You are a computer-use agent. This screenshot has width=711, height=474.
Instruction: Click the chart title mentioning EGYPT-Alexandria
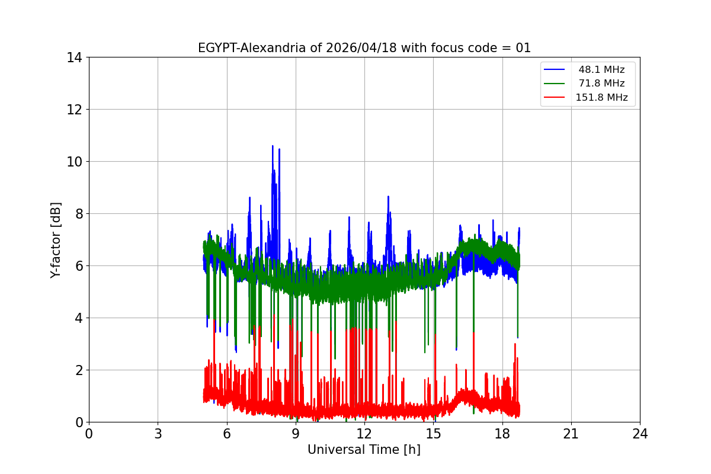pyautogui.click(x=364, y=48)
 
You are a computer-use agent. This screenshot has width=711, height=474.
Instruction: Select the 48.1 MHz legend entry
pyautogui.click(x=601, y=70)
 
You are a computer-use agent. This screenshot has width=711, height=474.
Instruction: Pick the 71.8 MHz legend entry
pyautogui.click(x=601, y=84)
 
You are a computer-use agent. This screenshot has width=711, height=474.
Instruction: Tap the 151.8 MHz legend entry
pyautogui.click(x=601, y=98)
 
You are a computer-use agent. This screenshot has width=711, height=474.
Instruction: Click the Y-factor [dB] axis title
pyautogui.click(x=56, y=239)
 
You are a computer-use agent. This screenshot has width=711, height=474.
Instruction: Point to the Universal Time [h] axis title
pyautogui.click(x=364, y=450)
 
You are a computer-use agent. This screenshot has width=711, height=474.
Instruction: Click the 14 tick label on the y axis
pyautogui.click(x=74, y=57)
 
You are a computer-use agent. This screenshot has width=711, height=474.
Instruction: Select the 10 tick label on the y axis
pyautogui.click(x=74, y=162)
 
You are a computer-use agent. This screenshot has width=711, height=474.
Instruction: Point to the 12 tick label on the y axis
pyautogui.click(x=74, y=110)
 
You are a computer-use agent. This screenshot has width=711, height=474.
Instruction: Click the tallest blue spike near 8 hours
pyautogui.click(x=273, y=146)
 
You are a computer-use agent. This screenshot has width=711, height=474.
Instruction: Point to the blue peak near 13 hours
pyautogui.click(x=388, y=197)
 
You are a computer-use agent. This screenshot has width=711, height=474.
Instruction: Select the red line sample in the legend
pyautogui.click(x=555, y=98)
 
